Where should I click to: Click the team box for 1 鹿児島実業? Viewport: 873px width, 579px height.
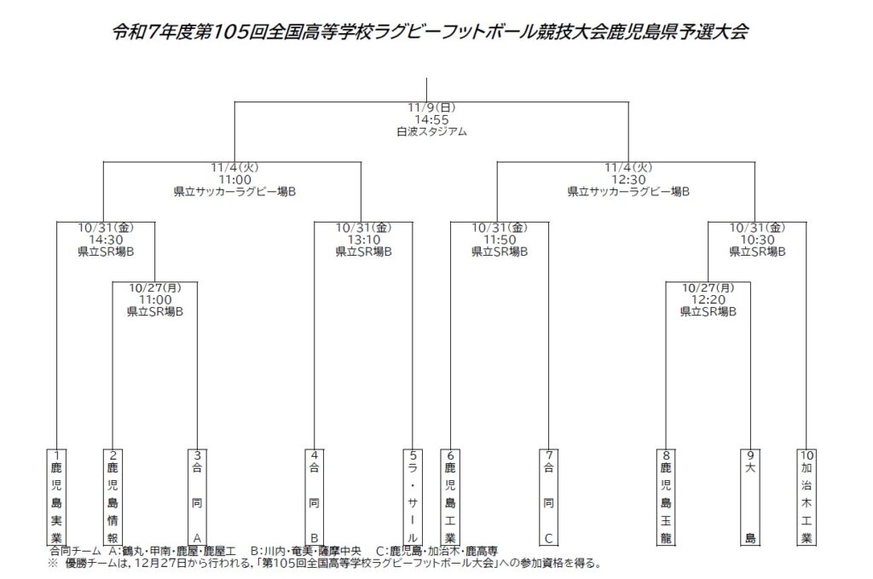[56, 496]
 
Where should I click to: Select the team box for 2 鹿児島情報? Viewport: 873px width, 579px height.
[113, 496]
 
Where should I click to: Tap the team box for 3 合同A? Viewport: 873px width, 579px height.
[197, 496]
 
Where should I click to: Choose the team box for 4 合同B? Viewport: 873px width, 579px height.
[314, 496]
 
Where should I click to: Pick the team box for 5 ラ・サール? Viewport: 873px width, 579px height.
[413, 496]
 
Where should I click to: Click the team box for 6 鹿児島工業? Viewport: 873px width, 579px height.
[450, 496]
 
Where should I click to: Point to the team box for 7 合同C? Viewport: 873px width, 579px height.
[549, 496]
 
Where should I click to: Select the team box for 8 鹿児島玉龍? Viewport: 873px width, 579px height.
[666, 496]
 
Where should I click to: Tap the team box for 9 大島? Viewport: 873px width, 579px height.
[750, 496]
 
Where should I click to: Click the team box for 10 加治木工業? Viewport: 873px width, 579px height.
[807, 496]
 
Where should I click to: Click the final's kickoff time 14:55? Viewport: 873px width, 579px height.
[431, 120]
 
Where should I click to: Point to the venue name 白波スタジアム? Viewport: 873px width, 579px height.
[431, 132]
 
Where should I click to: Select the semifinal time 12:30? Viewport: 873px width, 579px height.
[628, 180]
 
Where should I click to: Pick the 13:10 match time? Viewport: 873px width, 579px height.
[363, 240]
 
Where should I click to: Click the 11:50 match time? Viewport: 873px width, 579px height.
[500, 240]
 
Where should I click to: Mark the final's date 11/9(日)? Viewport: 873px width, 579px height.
[431, 108]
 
